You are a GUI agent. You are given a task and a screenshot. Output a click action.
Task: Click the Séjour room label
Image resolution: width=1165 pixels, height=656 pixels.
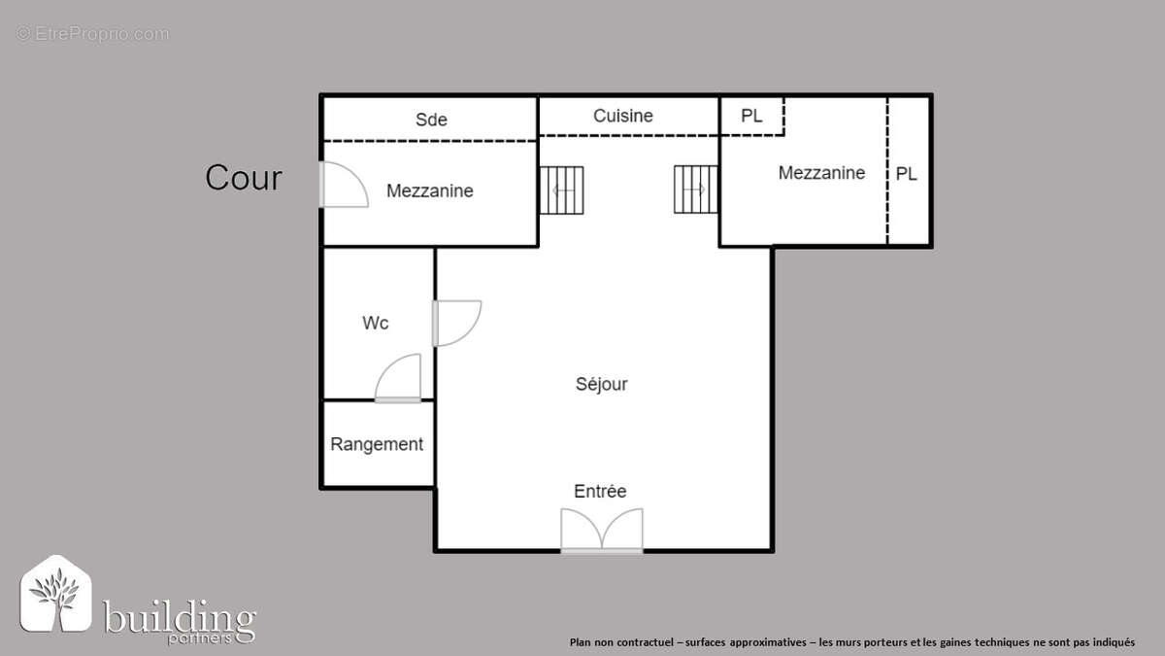point(601,384)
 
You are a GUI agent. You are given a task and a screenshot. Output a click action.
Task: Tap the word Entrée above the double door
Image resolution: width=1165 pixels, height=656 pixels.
point(600,491)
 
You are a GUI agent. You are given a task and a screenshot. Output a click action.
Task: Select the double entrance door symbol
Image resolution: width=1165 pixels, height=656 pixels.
point(602,533)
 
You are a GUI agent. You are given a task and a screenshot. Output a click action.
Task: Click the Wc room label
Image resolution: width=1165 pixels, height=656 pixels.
point(376,323)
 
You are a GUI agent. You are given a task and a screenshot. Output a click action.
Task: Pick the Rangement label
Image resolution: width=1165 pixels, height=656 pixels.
point(377,444)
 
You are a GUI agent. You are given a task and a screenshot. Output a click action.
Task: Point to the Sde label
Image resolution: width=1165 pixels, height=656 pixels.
point(431,120)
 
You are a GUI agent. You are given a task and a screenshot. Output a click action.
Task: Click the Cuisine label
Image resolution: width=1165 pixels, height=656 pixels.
point(623,116)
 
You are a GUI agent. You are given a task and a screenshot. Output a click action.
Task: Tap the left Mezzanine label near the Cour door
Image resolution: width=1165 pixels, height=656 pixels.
point(429,190)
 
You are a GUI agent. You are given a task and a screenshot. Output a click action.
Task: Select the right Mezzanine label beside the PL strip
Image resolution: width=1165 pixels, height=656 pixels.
point(821,173)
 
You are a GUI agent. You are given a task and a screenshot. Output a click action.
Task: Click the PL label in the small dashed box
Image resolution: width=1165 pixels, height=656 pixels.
point(751,116)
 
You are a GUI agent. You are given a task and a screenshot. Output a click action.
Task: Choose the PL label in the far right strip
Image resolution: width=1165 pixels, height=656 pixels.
point(906,175)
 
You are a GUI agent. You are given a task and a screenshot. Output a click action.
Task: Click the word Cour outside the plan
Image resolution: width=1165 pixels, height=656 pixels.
point(244,178)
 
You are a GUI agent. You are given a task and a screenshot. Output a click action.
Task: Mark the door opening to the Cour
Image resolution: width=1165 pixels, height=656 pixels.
point(342,185)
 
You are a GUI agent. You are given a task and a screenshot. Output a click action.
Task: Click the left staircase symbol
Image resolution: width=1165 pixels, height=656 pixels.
point(562,190)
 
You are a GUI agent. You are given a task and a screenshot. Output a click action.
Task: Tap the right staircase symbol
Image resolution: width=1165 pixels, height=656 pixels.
point(695,189)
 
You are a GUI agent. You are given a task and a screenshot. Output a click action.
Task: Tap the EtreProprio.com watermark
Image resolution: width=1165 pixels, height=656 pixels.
point(92,34)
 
